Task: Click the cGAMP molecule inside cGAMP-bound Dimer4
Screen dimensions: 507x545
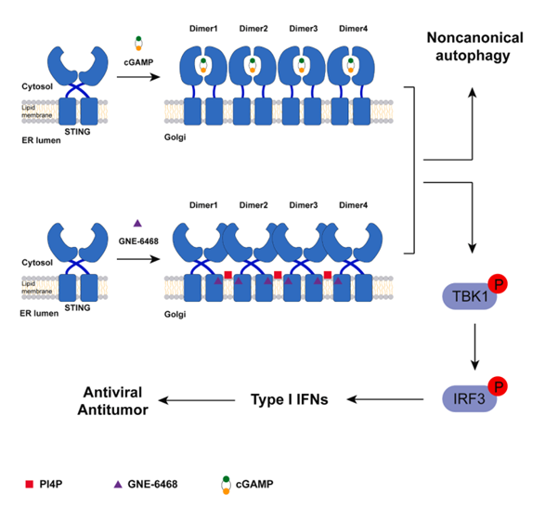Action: point(349,64)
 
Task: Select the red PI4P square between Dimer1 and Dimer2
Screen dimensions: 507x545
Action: point(226,274)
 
